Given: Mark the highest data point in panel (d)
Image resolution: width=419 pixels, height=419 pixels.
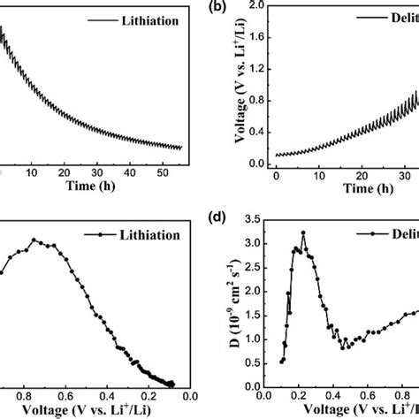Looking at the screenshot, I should click(303, 232).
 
